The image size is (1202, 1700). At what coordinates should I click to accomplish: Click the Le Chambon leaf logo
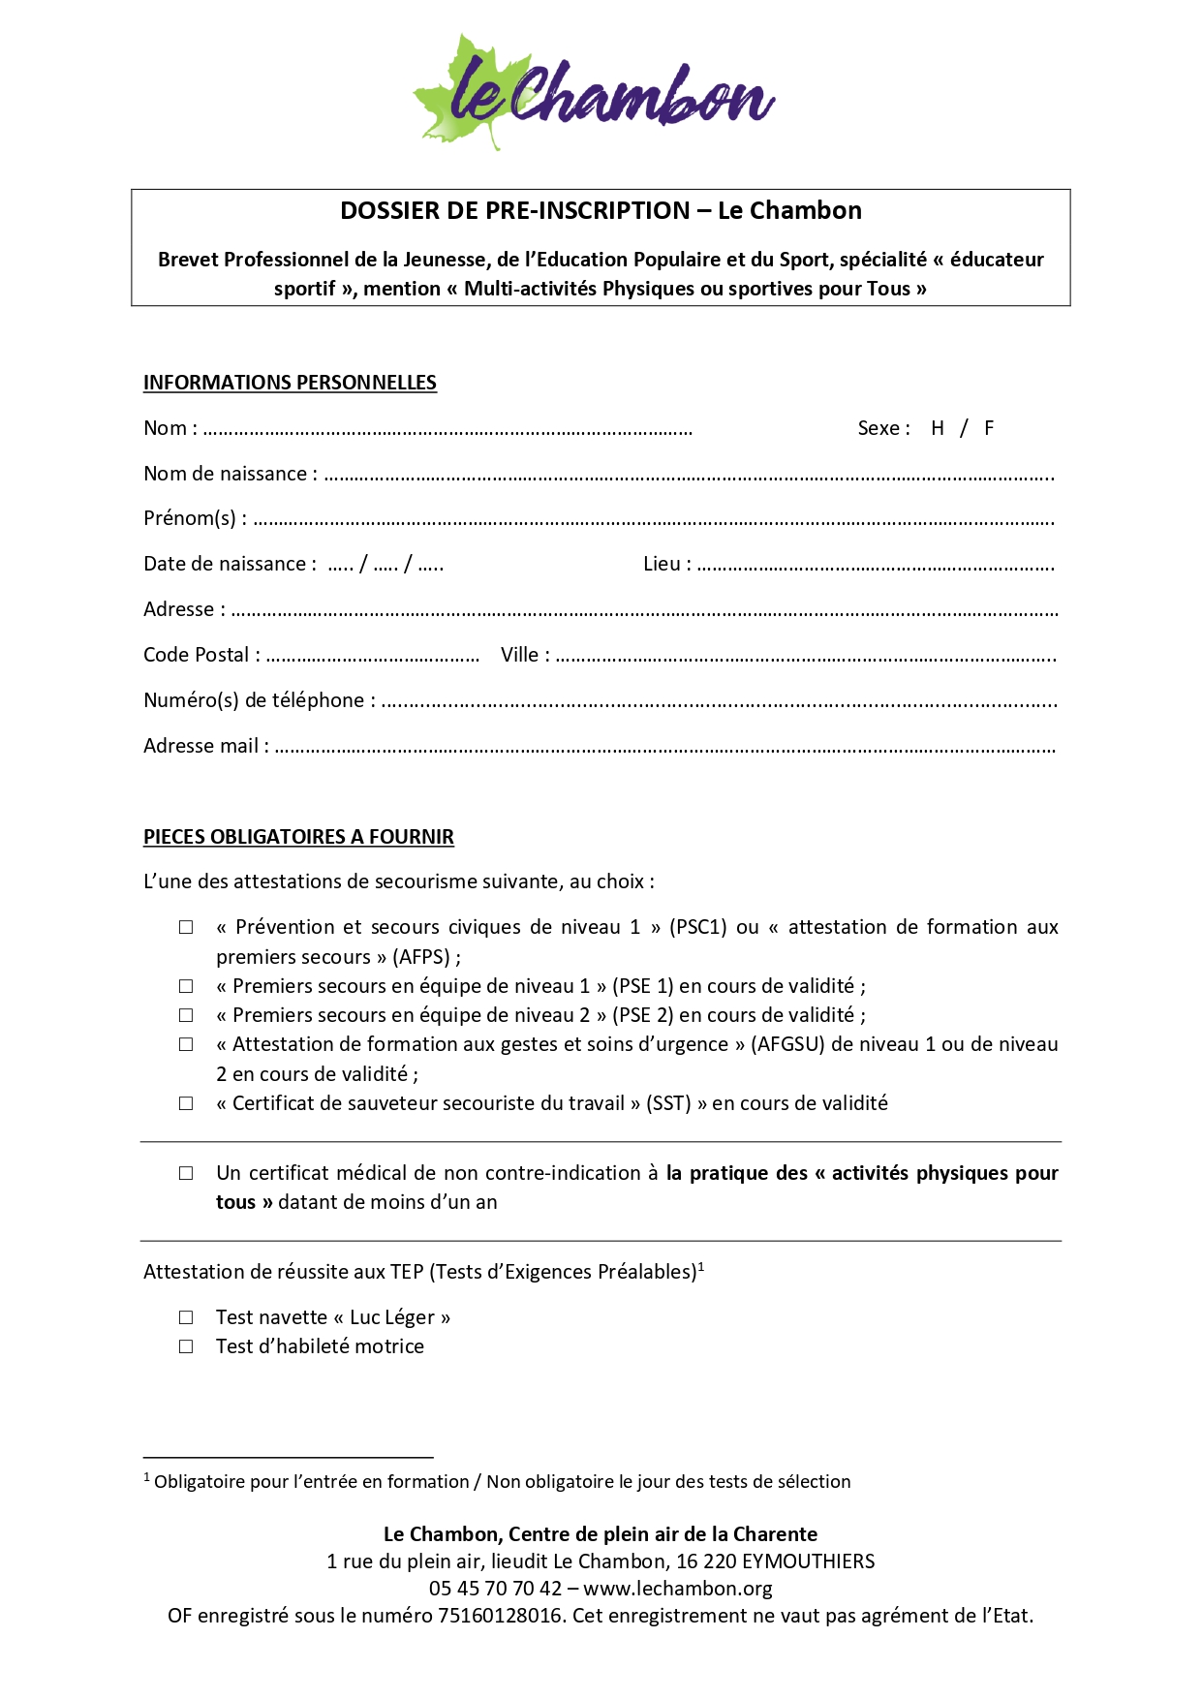click(593, 92)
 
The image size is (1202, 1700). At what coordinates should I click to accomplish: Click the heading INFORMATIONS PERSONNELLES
click(290, 383)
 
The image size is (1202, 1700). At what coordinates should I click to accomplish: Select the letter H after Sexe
click(937, 428)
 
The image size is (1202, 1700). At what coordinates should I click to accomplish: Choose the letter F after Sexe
click(989, 428)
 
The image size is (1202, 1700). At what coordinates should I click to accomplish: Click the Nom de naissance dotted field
click(688, 477)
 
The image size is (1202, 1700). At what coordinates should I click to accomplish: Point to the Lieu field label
click(666, 564)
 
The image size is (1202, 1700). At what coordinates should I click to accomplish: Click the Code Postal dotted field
click(373, 658)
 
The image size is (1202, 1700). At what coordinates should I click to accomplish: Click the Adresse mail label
click(205, 746)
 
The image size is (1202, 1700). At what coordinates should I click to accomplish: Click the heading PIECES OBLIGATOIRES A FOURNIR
click(298, 837)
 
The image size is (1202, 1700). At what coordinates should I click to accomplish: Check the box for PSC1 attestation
click(186, 928)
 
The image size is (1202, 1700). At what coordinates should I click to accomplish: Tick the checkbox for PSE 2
click(186, 1016)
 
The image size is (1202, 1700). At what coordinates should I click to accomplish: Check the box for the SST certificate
click(186, 1104)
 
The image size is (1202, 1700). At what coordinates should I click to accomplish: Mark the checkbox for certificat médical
click(186, 1174)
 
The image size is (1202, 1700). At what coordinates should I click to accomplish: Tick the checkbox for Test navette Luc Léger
click(186, 1318)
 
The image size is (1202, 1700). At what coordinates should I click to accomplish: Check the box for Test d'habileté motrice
click(186, 1347)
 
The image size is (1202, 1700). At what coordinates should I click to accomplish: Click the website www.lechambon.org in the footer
click(678, 1589)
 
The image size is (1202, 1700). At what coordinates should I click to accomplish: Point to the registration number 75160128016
click(499, 1616)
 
